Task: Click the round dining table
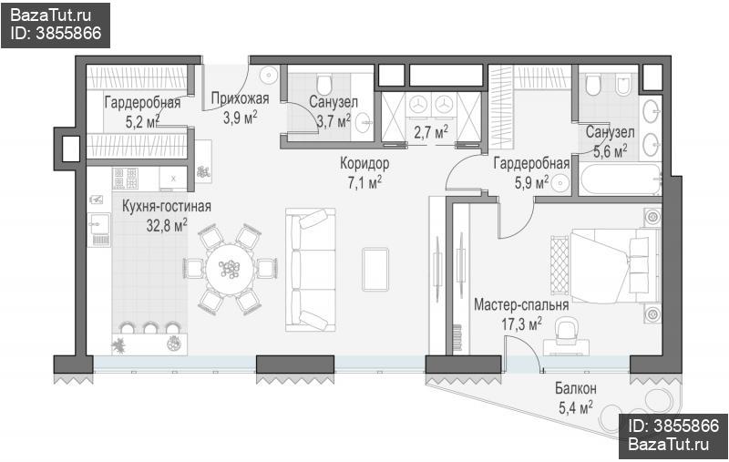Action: click(231, 269)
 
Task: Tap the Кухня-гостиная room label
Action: click(167, 206)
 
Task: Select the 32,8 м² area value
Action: click(167, 225)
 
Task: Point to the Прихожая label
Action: click(240, 98)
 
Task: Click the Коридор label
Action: click(364, 163)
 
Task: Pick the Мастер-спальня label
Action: click(521, 305)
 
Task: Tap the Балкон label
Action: click(576, 387)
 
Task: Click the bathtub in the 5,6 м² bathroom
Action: click(621, 179)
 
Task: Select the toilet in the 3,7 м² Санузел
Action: click(323, 85)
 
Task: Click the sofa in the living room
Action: click(310, 270)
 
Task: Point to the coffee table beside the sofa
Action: click(375, 269)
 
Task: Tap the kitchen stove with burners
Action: click(126, 179)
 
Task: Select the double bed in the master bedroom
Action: click(614, 265)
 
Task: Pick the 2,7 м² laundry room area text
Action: click(431, 132)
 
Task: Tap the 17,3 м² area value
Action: click(521, 323)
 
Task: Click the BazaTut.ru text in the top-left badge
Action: click(51, 15)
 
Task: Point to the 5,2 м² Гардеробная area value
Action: click(142, 122)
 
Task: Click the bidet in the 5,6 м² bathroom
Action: click(622, 86)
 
